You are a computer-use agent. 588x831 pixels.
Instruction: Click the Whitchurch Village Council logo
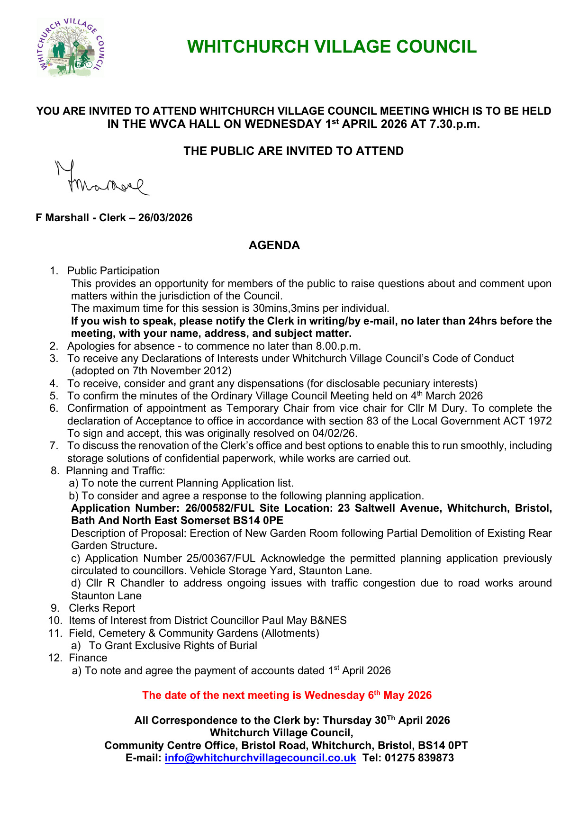pyautogui.click(x=71, y=47)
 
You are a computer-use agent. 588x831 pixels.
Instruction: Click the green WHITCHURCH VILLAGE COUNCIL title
pyautogui.click(x=332, y=47)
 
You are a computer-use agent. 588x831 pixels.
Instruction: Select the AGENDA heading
pyautogui.click(x=274, y=245)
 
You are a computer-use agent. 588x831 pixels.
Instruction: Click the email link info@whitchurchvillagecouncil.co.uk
pyautogui.click(x=260, y=758)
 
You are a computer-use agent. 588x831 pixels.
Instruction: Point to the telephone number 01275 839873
pyautogui.click(x=419, y=758)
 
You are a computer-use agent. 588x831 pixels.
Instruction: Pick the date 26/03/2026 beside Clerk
pyautogui.click(x=165, y=218)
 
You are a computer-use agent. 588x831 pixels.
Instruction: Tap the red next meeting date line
pyautogui.click(x=287, y=695)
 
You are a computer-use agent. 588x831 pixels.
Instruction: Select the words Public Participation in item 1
pyautogui.click(x=113, y=271)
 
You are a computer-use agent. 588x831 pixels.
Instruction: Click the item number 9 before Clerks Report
pyautogui.click(x=55, y=608)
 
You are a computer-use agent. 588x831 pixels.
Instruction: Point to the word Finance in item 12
pyautogui.click(x=88, y=658)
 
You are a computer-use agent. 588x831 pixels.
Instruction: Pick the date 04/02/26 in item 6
pyautogui.click(x=334, y=434)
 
